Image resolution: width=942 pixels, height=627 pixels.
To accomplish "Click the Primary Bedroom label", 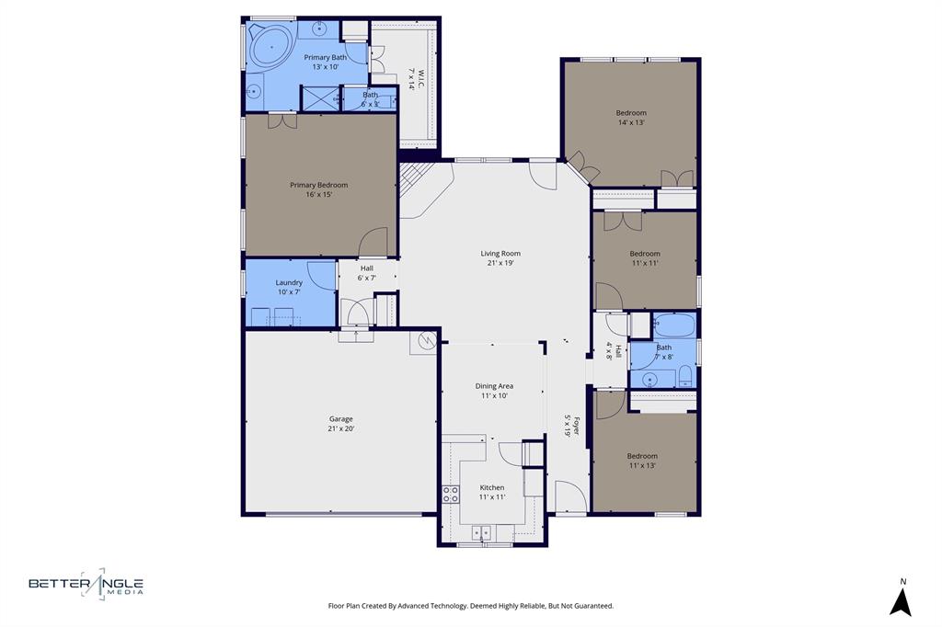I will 318,185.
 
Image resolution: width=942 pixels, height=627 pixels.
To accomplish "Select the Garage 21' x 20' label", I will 340,424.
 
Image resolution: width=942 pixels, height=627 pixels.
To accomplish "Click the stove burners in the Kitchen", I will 451,495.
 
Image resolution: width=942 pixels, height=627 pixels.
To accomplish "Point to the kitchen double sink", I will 481,532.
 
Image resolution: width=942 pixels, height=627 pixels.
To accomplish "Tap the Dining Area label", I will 494,386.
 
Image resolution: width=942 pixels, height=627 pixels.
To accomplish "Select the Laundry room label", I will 289,282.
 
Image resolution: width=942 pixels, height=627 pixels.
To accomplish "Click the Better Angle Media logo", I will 86,583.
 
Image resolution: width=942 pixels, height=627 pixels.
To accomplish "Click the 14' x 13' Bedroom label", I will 631,113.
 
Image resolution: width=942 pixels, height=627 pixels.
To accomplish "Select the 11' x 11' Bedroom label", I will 645,254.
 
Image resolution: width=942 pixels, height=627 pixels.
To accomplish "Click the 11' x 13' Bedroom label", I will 642,456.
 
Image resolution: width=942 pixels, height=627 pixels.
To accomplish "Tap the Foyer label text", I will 576,426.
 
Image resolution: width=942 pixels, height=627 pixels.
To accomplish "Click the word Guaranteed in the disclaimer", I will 587,606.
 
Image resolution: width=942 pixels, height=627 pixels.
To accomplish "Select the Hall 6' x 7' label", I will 367,268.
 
